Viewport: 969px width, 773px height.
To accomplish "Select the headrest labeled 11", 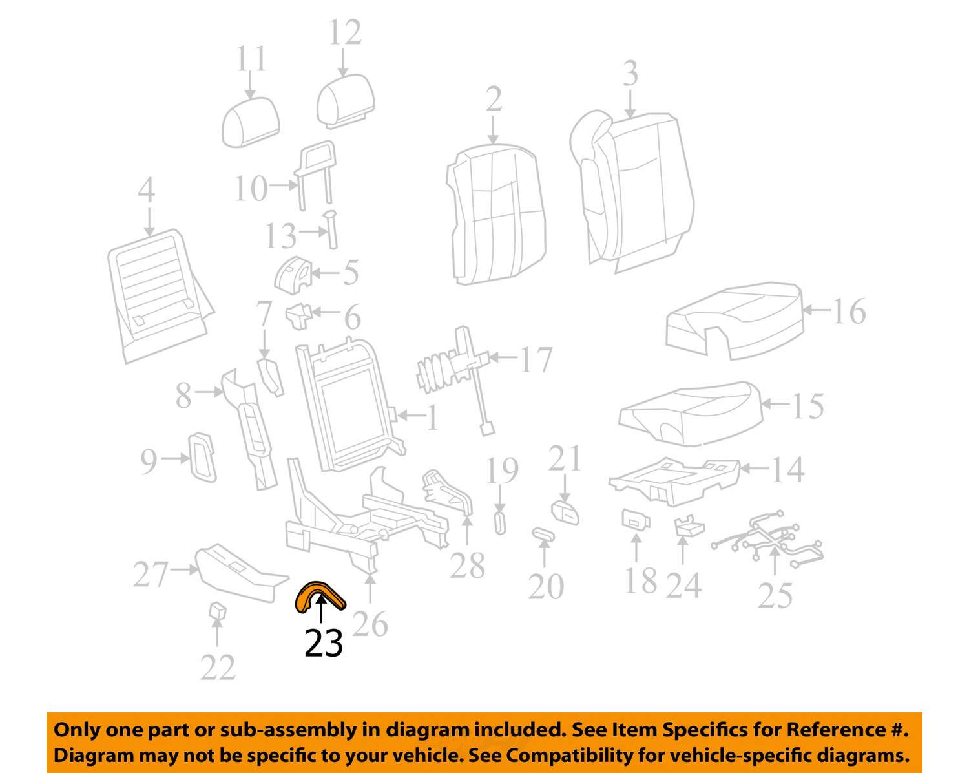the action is pos(251,122).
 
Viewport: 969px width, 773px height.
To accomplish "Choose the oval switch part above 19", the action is pos(500,522).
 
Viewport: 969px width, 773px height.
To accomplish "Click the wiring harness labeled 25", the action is pos(768,539).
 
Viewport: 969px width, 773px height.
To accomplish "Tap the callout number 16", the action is pos(849,312).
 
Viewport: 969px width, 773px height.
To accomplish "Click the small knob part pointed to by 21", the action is pos(565,513).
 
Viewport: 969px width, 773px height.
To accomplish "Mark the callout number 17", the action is pos(536,359).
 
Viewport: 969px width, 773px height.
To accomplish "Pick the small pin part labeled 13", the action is pos(331,229).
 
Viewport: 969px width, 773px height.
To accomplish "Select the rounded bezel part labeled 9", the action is pos(202,457).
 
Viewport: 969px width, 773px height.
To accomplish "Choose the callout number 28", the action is pos(468,566).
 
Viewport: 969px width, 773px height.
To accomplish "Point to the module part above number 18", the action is pos(636,519).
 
